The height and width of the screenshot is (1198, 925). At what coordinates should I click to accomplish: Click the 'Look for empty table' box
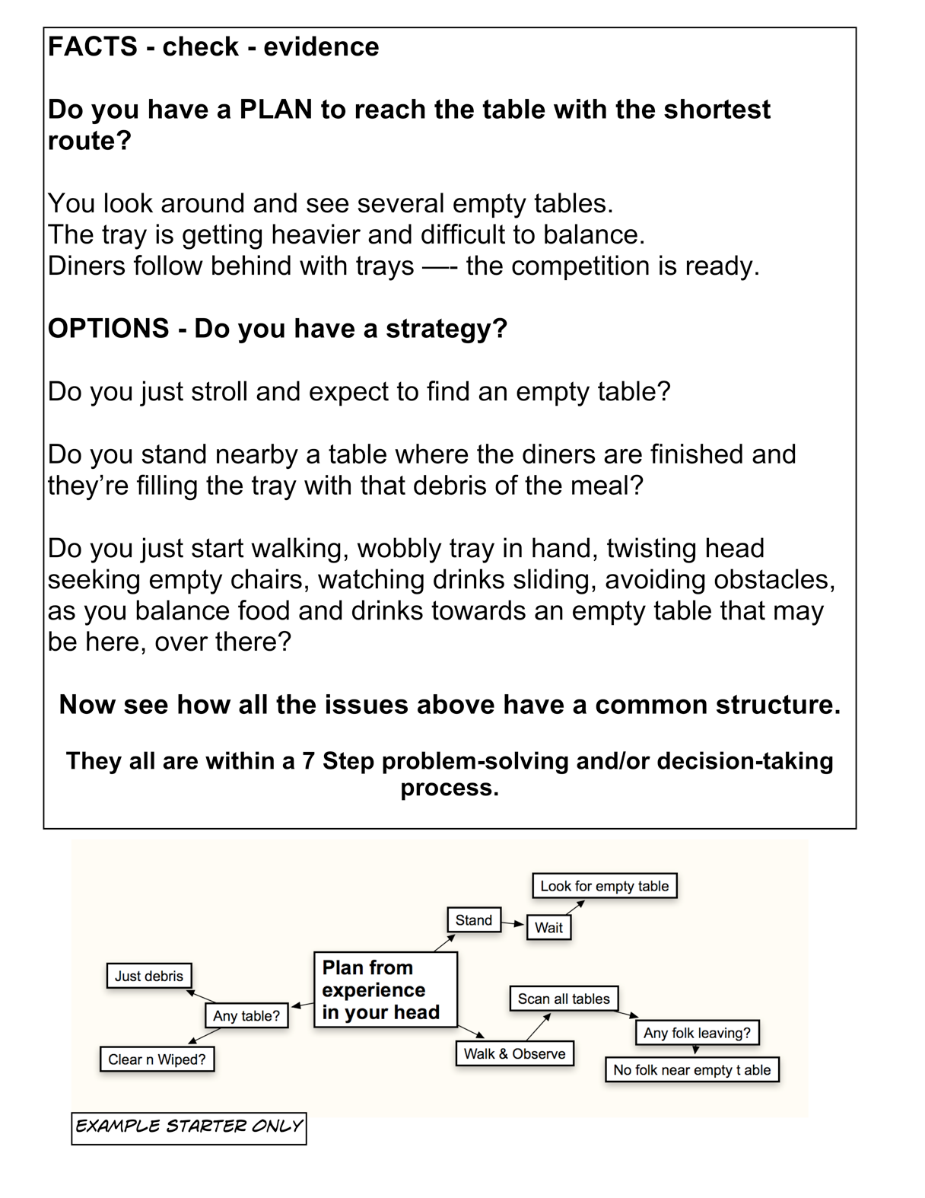coord(604,886)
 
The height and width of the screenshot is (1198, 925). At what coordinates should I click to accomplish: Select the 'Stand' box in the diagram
coord(473,920)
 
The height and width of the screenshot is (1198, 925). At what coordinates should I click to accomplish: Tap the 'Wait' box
coord(548,928)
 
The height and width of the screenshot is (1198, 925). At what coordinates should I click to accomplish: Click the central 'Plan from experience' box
coord(385,989)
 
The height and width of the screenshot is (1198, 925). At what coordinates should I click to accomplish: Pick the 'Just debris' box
coord(149,976)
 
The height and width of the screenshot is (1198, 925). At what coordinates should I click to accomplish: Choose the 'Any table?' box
coord(246,1015)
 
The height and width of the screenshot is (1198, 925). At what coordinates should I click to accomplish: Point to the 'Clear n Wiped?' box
coord(157,1059)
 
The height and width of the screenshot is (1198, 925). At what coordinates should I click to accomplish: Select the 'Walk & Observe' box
coord(514,1054)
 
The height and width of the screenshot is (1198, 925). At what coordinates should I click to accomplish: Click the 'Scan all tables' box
coord(564,999)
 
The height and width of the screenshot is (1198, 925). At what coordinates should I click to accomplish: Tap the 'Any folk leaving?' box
coord(697,1033)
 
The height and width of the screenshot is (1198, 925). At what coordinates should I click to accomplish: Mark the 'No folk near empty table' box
coord(691,1070)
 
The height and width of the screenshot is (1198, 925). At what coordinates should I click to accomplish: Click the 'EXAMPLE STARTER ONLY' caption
coord(189,1126)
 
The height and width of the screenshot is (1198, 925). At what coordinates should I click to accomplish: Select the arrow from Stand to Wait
coord(513,923)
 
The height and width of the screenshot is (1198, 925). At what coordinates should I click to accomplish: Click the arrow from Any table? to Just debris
coord(202,996)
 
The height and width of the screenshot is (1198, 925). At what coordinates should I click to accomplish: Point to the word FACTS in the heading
coord(93,47)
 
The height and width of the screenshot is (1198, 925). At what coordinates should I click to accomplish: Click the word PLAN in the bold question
coord(275,110)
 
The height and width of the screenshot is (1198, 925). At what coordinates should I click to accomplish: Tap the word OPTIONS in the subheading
coord(109,329)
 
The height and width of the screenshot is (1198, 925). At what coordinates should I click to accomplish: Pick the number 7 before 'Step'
coord(308,761)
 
